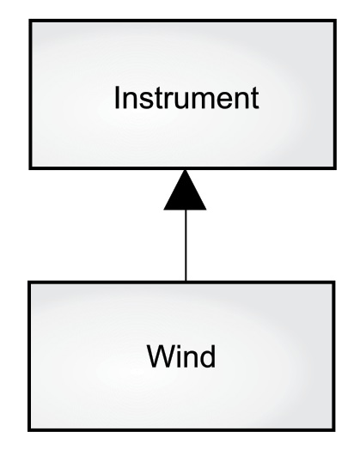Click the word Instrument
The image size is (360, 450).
186,97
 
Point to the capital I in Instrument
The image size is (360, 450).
119,97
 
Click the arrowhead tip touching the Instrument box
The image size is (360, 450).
186,169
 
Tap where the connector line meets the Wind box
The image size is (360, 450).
186,280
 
